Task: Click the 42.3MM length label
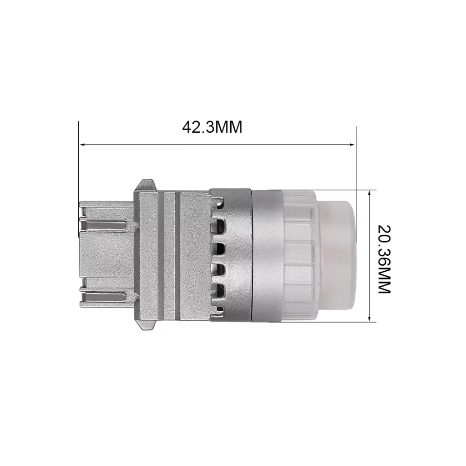click(x=212, y=127)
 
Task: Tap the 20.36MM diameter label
click(x=384, y=259)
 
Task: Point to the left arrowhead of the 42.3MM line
click(x=82, y=145)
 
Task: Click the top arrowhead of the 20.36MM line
click(x=370, y=193)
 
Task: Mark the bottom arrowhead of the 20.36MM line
click(x=370, y=318)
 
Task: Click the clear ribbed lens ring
click(x=299, y=256)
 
